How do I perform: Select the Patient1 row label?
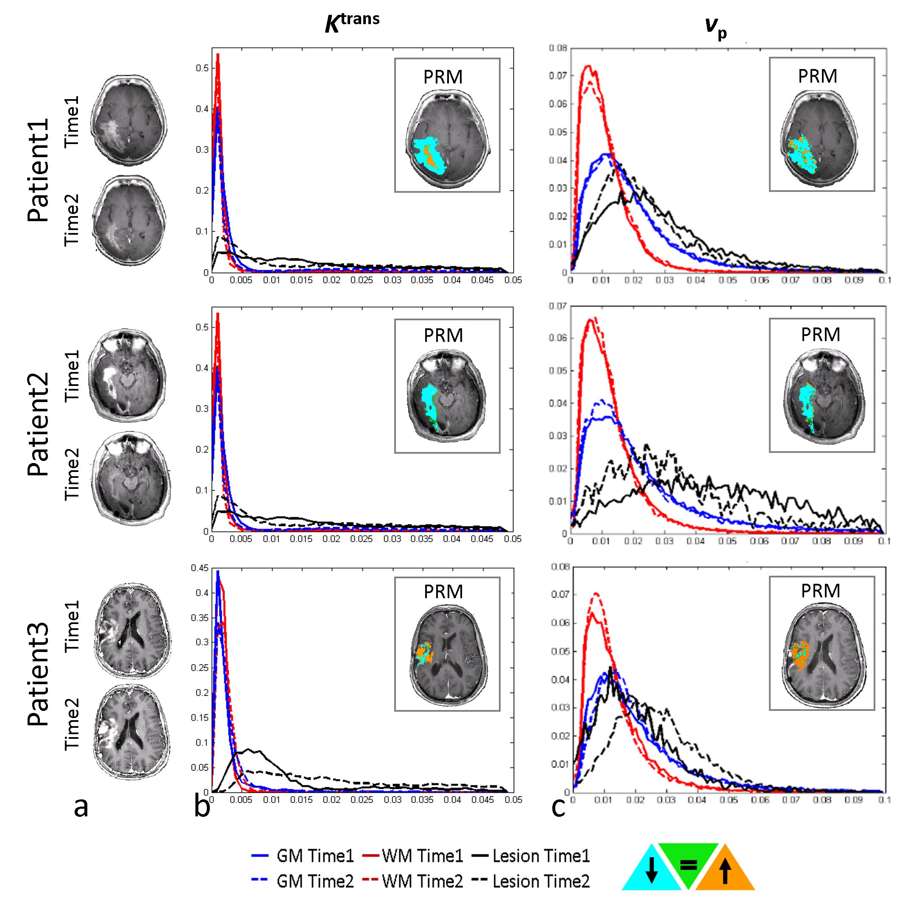(38, 170)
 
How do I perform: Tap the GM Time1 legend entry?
(303, 856)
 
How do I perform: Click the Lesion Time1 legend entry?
(531, 856)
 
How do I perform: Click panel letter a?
(81, 807)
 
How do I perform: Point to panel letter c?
(558, 807)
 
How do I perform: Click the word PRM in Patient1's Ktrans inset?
(443, 77)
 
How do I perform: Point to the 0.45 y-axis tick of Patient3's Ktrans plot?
(199, 568)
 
